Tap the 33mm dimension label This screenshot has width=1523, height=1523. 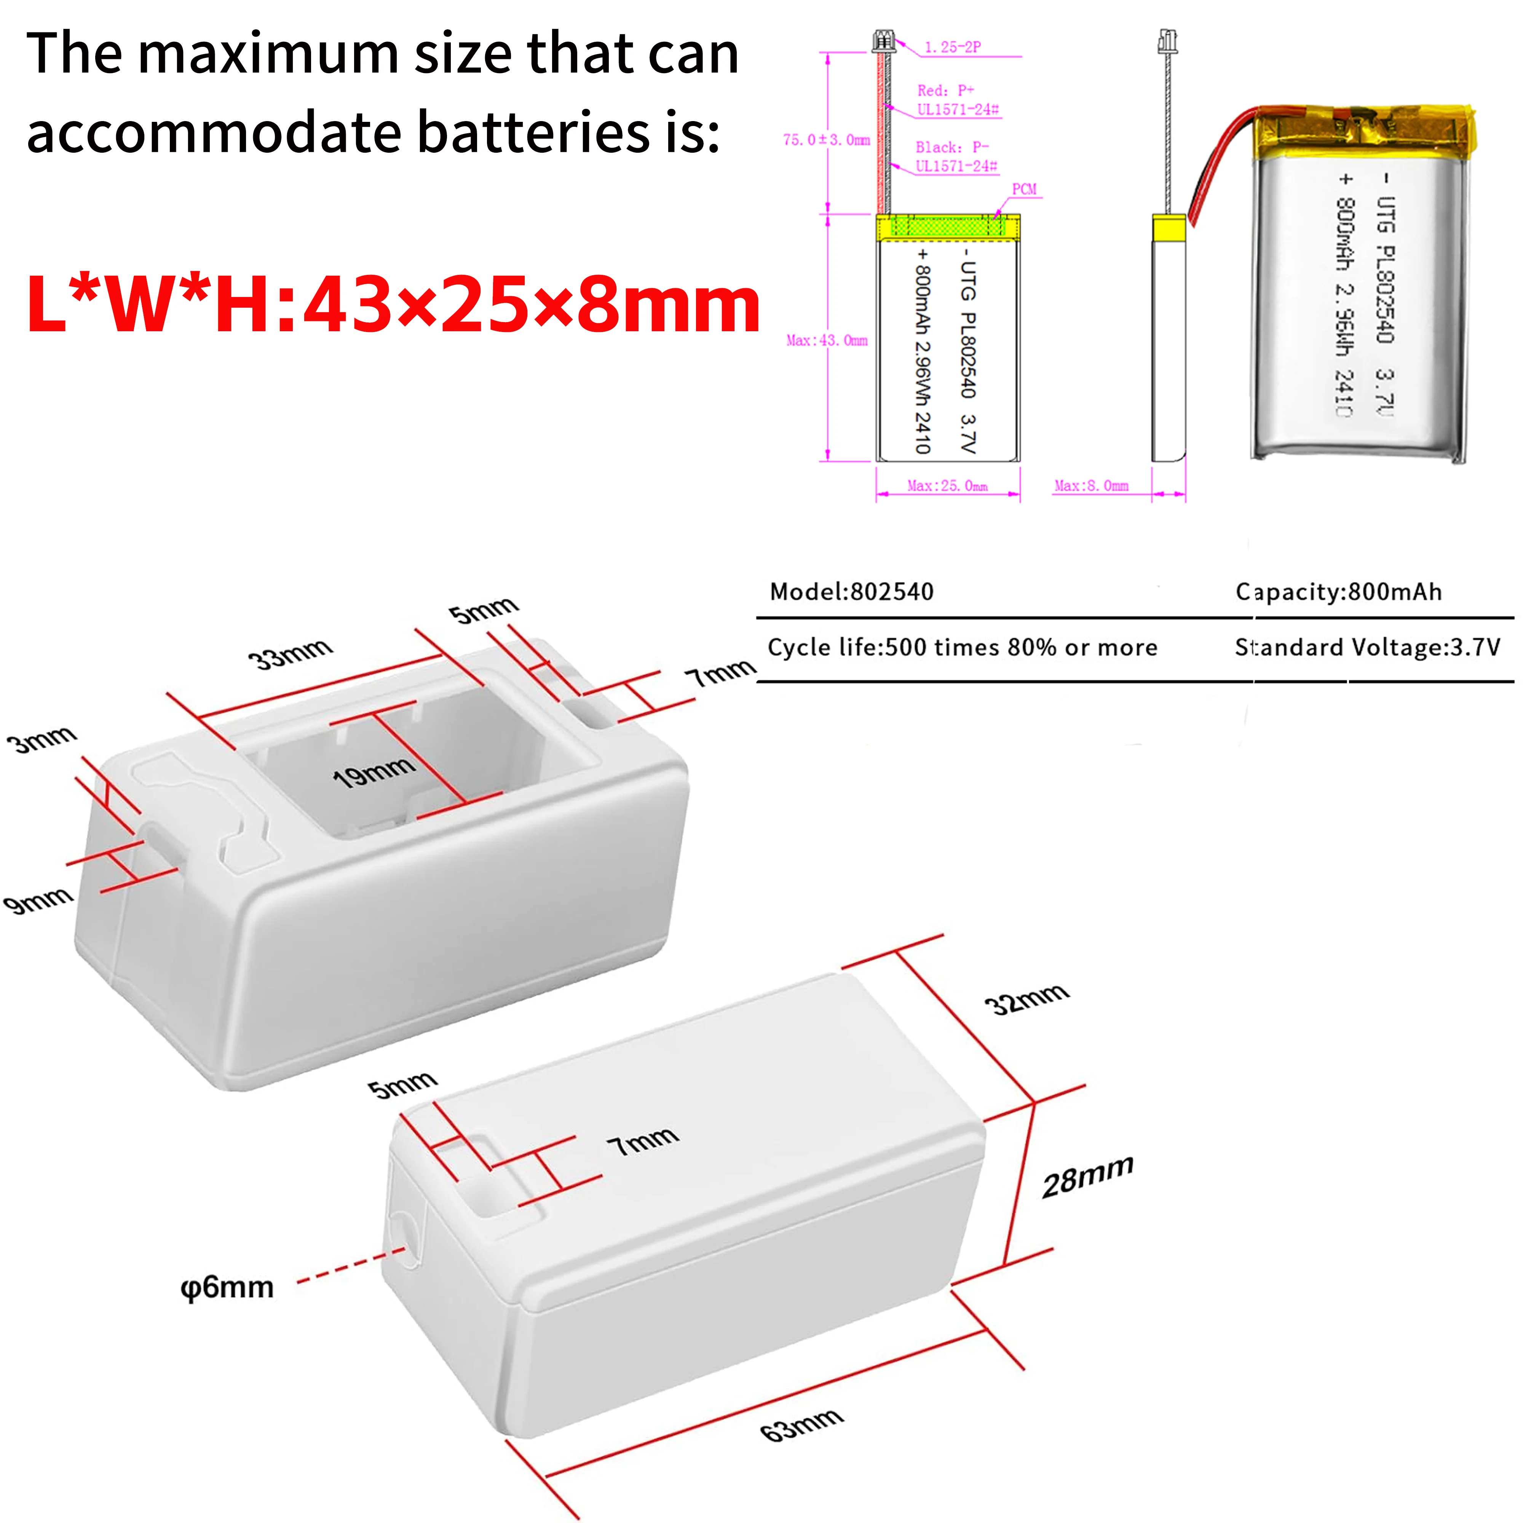290,653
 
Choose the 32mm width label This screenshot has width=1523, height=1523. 1027,999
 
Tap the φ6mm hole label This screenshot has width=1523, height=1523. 227,1288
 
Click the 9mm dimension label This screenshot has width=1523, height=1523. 38,899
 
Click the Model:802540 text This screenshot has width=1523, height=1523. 851,592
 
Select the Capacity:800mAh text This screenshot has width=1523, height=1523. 1339,592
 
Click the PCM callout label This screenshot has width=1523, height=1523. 1024,189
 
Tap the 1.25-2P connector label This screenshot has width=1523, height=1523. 952,47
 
